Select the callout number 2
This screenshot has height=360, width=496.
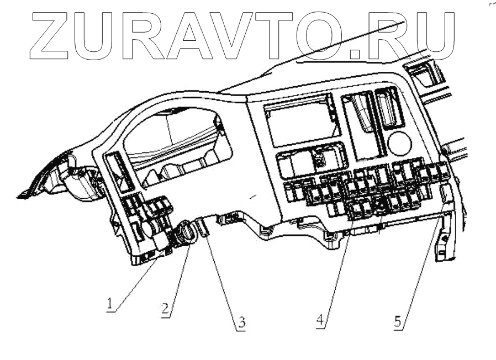(165, 309)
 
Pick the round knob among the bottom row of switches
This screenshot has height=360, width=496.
(379, 206)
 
